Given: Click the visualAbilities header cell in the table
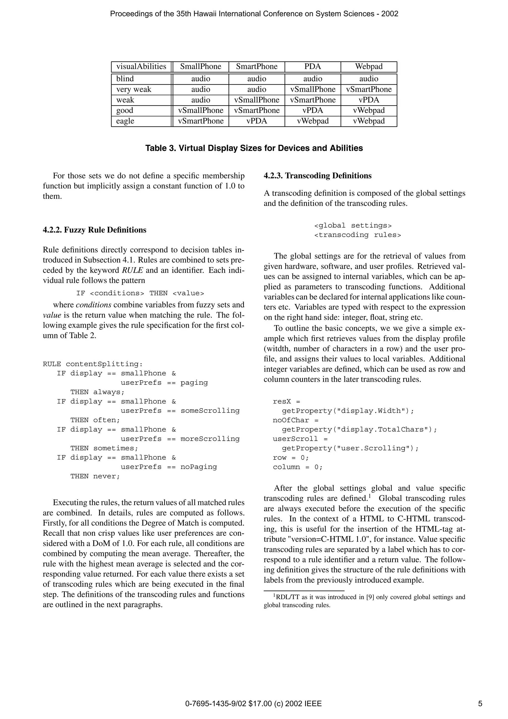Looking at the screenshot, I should tap(141, 67).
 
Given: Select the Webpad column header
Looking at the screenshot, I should tap(369, 67).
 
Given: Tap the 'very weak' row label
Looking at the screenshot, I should tap(134, 90).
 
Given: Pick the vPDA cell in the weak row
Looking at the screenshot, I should tap(369, 100).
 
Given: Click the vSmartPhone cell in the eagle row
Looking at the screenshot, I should tap(201, 121).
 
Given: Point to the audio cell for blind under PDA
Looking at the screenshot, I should tap(313, 79).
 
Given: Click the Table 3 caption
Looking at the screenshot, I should tap(254, 148).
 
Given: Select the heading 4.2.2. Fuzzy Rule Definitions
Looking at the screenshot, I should tap(95, 230).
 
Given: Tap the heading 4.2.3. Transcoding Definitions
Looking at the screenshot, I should tap(317, 176).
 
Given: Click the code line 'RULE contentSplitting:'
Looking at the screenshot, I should tap(93, 364).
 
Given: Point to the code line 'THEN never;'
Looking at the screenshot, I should tap(95, 476).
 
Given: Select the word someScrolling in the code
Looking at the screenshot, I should tap(210, 411).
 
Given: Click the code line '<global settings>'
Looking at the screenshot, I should tap(353, 226).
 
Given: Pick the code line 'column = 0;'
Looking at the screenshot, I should tap(297, 467).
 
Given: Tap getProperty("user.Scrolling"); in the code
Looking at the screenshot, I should tap(350, 448).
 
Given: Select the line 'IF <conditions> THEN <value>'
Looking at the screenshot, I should tap(140, 293).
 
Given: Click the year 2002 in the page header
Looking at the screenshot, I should tap(389, 14).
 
